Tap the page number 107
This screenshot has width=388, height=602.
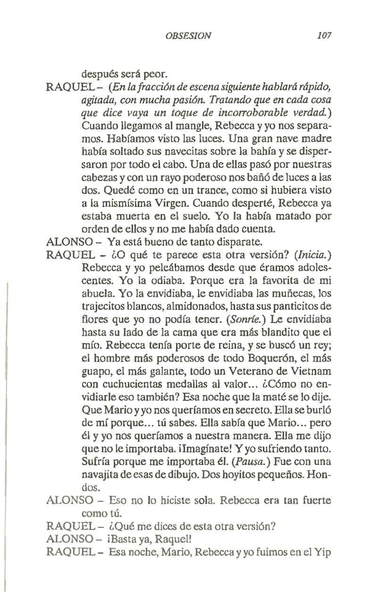click(326, 35)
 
